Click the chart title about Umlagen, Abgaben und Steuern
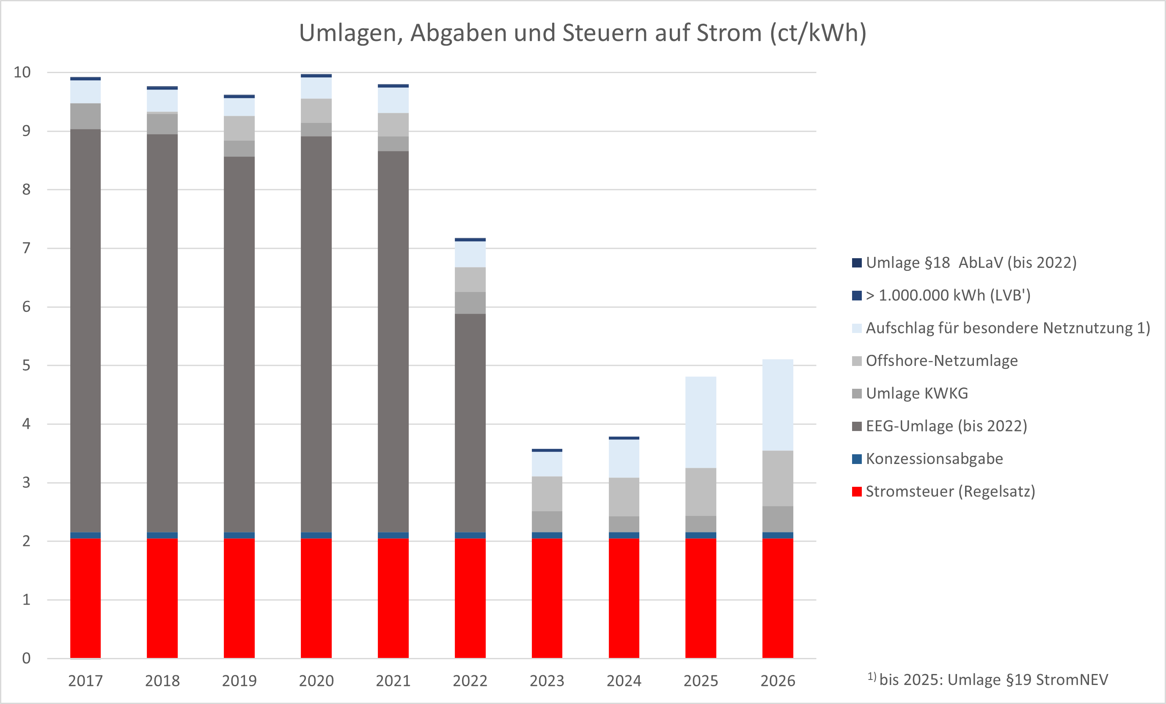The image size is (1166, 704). pyautogui.click(x=583, y=33)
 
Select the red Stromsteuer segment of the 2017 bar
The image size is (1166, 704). pyautogui.click(x=85, y=598)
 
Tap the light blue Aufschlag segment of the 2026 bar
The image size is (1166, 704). pyautogui.click(x=778, y=405)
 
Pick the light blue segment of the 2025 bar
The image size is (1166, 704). pyautogui.click(x=700, y=422)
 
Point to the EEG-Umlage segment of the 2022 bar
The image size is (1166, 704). pyautogui.click(x=470, y=423)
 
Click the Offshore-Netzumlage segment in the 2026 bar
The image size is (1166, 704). pyautogui.click(x=778, y=478)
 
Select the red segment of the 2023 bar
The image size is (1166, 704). pyautogui.click(x=547, y=598)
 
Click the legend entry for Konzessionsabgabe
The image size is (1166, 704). pyautogui.click(x=934, y=458)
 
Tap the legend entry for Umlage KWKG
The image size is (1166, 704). pyautogui.click(x=917, y=393)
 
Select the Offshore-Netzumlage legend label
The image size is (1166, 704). pyautogui.click(x=942, y=361)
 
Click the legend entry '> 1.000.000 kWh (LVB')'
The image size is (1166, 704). pyautogui.click(x=948, y=295)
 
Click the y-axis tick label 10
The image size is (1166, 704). pyautogui.click(x=22, y=72)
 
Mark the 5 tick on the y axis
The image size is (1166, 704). pyautogui.click(x=26, y=366)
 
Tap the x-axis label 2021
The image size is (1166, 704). pyautogui.click(x=393, y=681)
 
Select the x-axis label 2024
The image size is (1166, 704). pyautogui.click(x=624, y=681)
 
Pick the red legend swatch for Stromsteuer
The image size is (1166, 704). pyautogui.click(x=856, y=492)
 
